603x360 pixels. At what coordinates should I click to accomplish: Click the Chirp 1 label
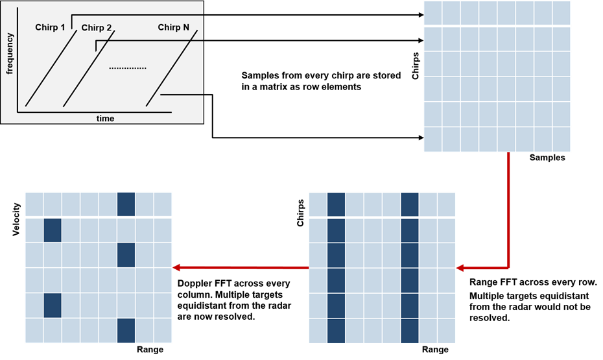[50, 27]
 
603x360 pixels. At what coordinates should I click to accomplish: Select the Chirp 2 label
[97, 28]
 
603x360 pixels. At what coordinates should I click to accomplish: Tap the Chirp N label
[173, 27]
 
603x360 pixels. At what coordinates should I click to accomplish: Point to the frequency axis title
[10, 56]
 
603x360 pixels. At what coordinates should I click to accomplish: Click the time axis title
[105, 119]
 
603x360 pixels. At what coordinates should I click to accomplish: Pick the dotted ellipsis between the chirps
[128, 68]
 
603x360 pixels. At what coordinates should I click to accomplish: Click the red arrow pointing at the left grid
[240, 267]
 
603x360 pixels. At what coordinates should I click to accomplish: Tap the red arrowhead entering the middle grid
[462, 267]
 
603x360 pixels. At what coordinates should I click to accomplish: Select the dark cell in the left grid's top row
[126, 204]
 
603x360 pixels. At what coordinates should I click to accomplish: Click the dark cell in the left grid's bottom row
[126, 331]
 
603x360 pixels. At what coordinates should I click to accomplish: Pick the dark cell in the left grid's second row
[53, 230]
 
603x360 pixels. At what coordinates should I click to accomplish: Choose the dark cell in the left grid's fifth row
[53, 306]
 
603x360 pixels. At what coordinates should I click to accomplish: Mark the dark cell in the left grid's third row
[126, 255]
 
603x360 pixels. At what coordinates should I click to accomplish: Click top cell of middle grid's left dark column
[336, 204]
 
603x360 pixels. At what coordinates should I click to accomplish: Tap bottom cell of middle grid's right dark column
[409, 331]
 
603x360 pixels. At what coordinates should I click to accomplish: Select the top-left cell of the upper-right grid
[432, 12]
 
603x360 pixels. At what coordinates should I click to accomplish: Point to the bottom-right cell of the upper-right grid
[562, 139]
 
